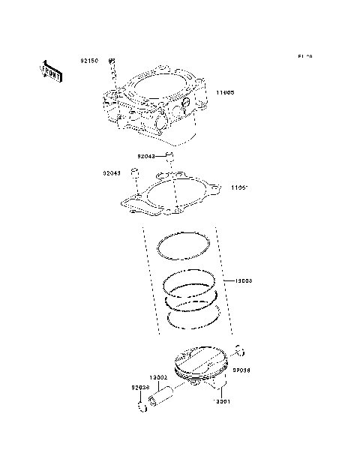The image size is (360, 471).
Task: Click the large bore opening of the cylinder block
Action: coord(160,85)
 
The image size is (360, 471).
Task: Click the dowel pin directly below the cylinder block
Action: coord(170,157)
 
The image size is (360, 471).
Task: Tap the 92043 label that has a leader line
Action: coord(147,157)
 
